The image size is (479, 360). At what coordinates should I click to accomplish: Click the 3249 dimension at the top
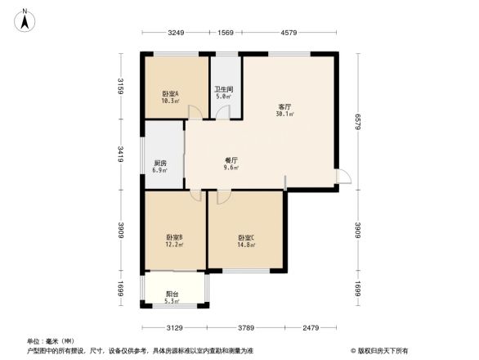(176, 33)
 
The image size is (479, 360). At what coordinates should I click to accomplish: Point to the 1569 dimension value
(226, 33)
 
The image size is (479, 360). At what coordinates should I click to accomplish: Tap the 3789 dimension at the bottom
(246, 329)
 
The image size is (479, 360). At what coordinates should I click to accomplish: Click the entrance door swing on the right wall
(345, 177)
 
